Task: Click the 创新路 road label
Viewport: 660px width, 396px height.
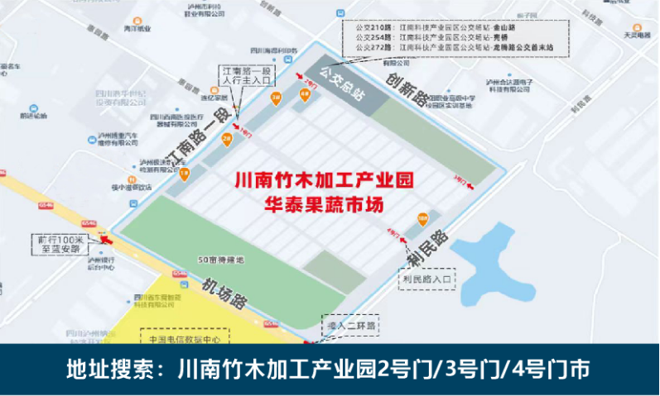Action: [409, 88]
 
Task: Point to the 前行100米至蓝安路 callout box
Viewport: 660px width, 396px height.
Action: [60, 241]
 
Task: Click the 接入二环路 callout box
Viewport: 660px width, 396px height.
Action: [350, 325]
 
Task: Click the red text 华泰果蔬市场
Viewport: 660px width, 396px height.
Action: [323, 203]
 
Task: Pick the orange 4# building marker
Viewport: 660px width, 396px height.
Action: [305, 94]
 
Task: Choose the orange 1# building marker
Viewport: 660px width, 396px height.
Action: [184, 173]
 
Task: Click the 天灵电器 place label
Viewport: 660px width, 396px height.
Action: [639, 34]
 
